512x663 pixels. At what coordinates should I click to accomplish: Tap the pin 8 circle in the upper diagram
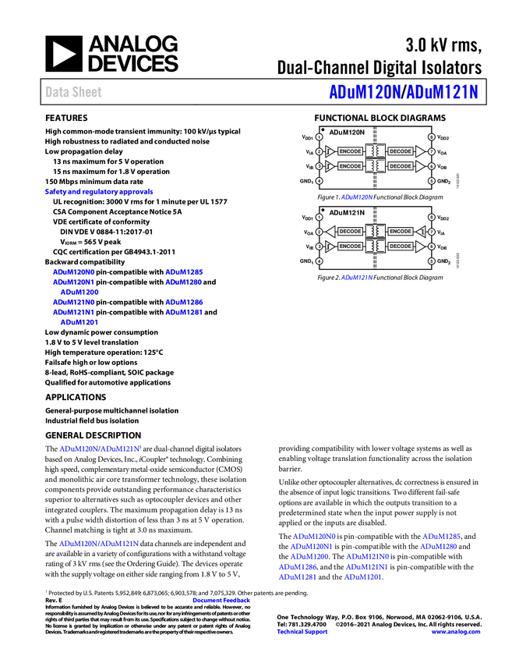(431, 136)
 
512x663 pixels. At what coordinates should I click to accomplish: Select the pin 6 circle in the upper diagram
(431, 166)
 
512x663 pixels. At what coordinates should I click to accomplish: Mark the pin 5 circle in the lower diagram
(431, 261)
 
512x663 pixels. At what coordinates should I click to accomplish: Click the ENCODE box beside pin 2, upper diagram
(351, 151)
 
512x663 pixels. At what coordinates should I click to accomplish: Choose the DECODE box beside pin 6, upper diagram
(401, 166)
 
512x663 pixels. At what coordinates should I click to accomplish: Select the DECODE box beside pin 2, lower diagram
(351, 232)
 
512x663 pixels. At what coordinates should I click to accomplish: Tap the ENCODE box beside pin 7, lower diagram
(401, 232)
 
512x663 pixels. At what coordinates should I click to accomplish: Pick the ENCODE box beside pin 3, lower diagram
(351, 246)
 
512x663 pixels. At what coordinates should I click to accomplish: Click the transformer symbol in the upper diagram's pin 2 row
(376, 151)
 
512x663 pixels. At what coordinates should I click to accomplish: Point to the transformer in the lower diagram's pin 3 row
(376, 246)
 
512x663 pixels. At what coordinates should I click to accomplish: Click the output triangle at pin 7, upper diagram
(420, 151)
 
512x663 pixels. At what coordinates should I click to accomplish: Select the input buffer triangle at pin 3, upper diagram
(330, 166)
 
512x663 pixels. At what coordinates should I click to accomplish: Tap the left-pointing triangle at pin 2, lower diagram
(330, 232)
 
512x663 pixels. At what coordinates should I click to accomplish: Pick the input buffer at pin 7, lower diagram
(421, 232)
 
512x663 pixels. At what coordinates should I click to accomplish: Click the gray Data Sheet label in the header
(74, 92)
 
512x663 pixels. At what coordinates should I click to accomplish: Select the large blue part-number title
(403, 92)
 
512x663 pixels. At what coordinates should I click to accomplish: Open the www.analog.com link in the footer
(456, 632)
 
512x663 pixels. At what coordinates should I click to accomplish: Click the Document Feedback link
(222, 600)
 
